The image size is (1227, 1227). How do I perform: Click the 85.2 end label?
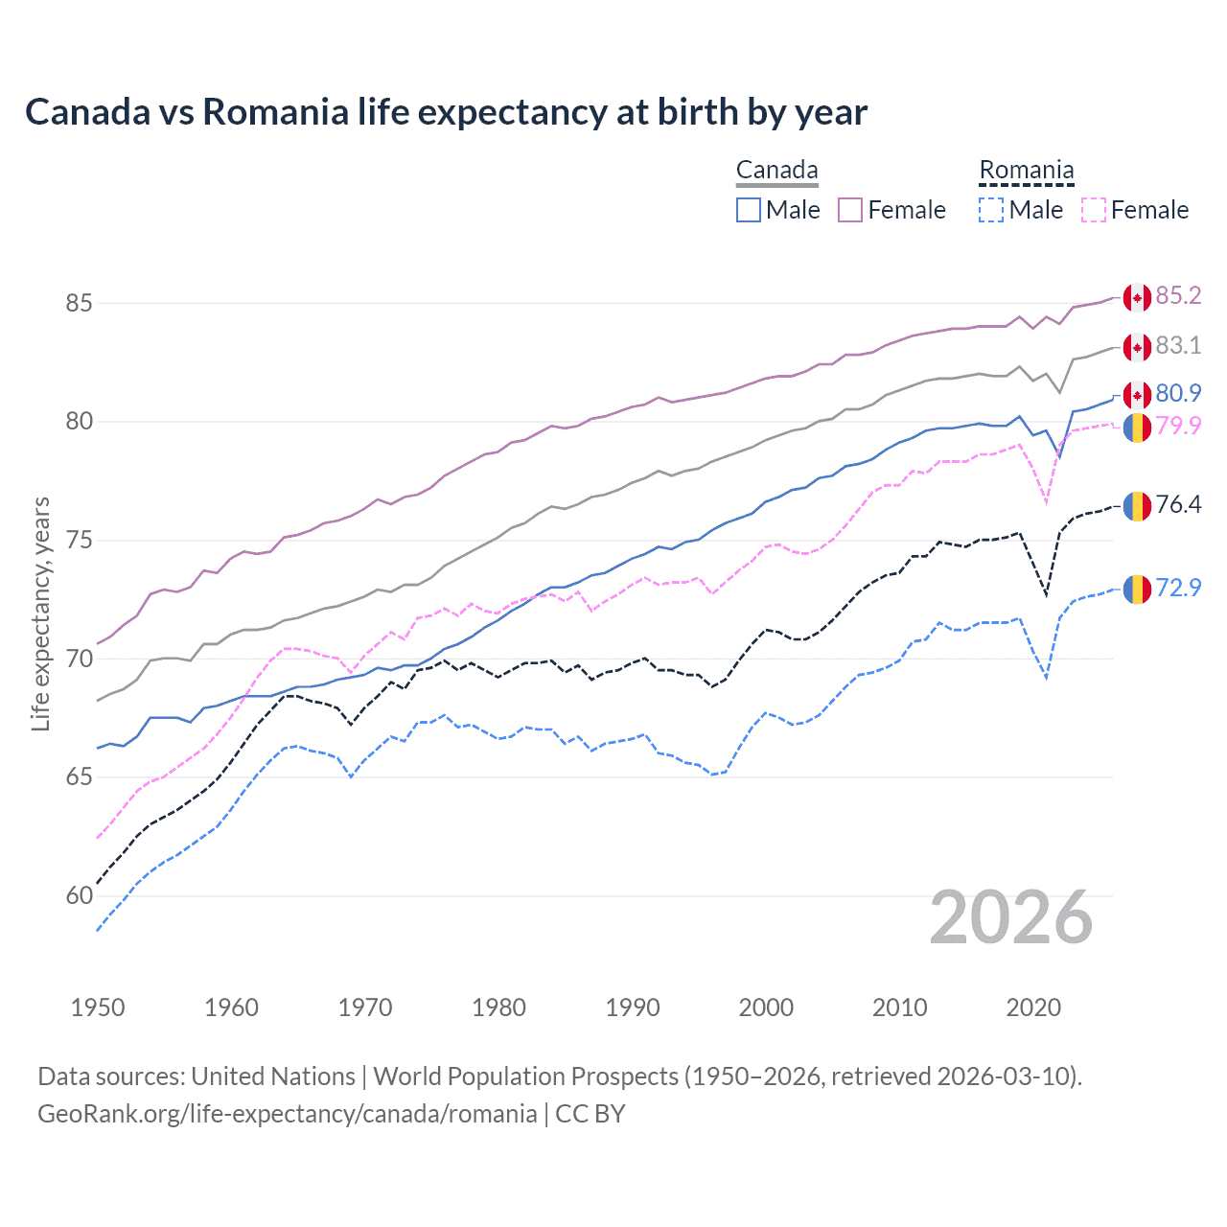pos(1178,296)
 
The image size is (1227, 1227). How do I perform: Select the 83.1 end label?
pos(1178,346)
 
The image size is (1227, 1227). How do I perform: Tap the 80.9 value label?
pos(1178,394)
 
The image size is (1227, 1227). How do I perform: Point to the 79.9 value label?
pos(1178,426)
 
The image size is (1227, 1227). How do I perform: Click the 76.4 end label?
pos(1178,505)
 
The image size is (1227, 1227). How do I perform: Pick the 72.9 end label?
pos(1178,588)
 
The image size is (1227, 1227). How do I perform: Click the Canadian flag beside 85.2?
pos(1137,298)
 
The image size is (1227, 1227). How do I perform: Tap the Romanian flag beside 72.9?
pos(1137,590)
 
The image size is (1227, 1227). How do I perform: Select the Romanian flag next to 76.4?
pos(1137,506)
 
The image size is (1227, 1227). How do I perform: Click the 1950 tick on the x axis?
pos(98,1007)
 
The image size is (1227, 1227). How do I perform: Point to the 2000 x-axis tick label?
pos(766,1007)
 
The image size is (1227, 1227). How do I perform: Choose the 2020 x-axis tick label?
pos(1033,1007)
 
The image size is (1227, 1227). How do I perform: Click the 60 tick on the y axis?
pos(80,896)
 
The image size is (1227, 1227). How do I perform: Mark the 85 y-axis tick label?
pos(80,304)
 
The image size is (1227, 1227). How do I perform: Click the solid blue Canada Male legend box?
pos(749,210)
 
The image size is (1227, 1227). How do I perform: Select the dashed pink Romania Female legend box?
pos(1094,210)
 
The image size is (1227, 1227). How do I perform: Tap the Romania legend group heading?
pos(1026,171)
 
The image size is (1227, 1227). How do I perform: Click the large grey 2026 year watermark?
pos(1011,918)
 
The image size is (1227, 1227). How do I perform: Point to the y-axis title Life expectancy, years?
pos(41,613)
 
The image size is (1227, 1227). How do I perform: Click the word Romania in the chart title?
pos(275,112)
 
